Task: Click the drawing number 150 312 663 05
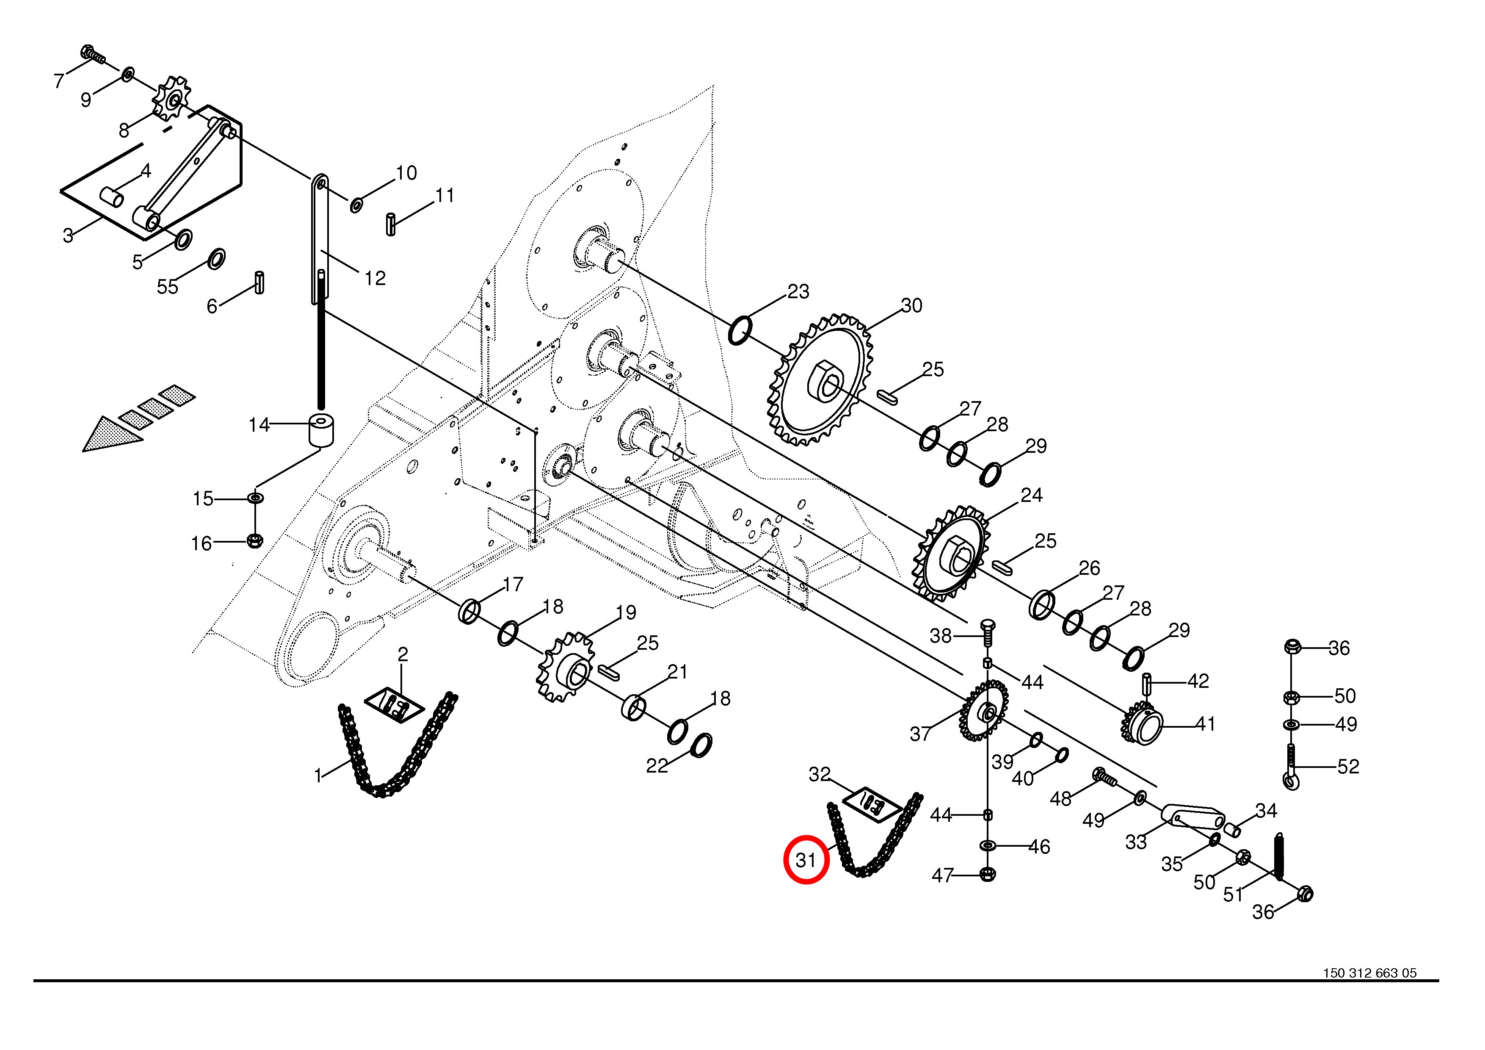point(1370,991)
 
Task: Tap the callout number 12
point(375,278)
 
